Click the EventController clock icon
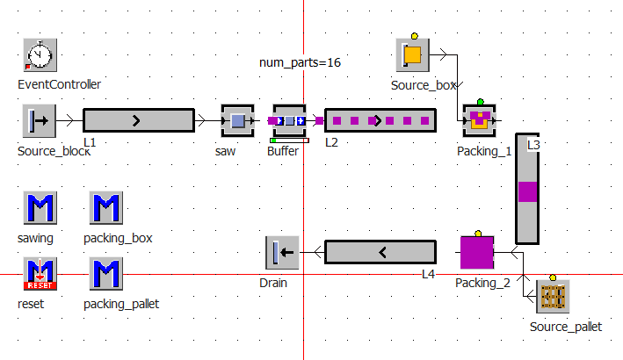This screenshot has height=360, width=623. click(x=40, y=55)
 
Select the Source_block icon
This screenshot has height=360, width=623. click(x=40, y=120)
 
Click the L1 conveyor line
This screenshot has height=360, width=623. click(x=138, y=120)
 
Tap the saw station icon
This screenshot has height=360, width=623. click(x=236, y=120)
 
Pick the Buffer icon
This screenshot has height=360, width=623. click(x=289, y=121)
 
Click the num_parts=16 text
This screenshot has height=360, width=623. click(x=300, y=63)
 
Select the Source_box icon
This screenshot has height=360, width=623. click(x=412, y=55)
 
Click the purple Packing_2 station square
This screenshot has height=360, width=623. click(x=477, y=252)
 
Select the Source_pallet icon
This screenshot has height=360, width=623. click(x=553, y=297)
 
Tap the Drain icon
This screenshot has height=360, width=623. click(x=282, y=253)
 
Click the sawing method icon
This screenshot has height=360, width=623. click(x=40, y=209)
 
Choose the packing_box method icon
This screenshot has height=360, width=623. click(x=106, y=209)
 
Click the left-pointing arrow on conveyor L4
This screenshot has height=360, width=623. click(x=381, y=253)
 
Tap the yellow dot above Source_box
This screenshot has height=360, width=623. click(x=414, y=36)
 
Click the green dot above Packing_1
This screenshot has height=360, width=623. click(x=480, y=102)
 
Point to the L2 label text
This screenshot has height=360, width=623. click(x=332, y=140)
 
